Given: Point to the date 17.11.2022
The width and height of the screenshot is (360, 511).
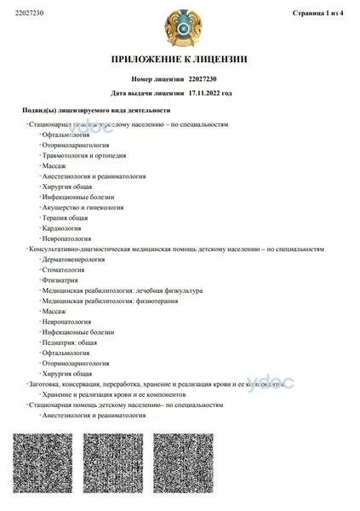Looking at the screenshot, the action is (203, 92).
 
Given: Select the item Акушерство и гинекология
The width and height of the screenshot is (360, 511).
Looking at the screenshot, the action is (82, 207).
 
